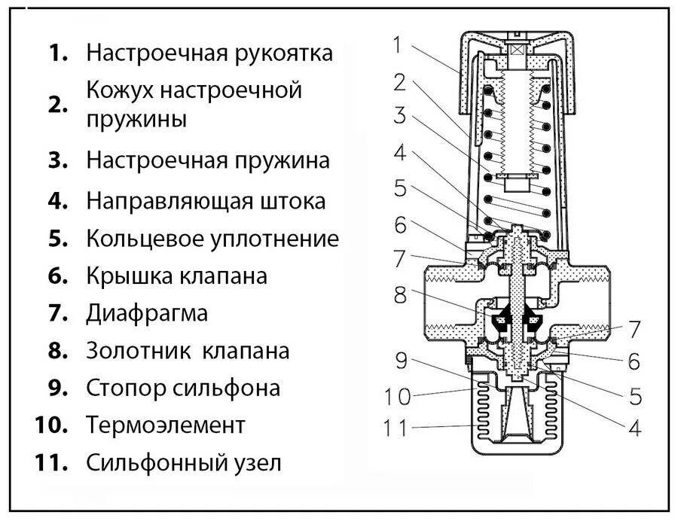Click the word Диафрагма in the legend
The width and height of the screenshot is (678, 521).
click(x=147, y=312)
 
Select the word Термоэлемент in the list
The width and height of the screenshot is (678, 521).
click(x=166, y=425)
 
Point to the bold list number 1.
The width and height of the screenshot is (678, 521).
click(x=60, y=53)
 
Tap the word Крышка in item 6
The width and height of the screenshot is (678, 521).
click(x=129, y=276)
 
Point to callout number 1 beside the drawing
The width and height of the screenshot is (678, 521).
click(x=399, y=45)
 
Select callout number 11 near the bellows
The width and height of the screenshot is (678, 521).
click(x=395, y=429)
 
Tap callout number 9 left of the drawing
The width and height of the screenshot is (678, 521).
click(x=402, y=361)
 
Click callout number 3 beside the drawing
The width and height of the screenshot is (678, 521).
click(x=399, y=117)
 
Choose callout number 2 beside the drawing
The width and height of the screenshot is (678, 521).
click(x=399, y=81)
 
